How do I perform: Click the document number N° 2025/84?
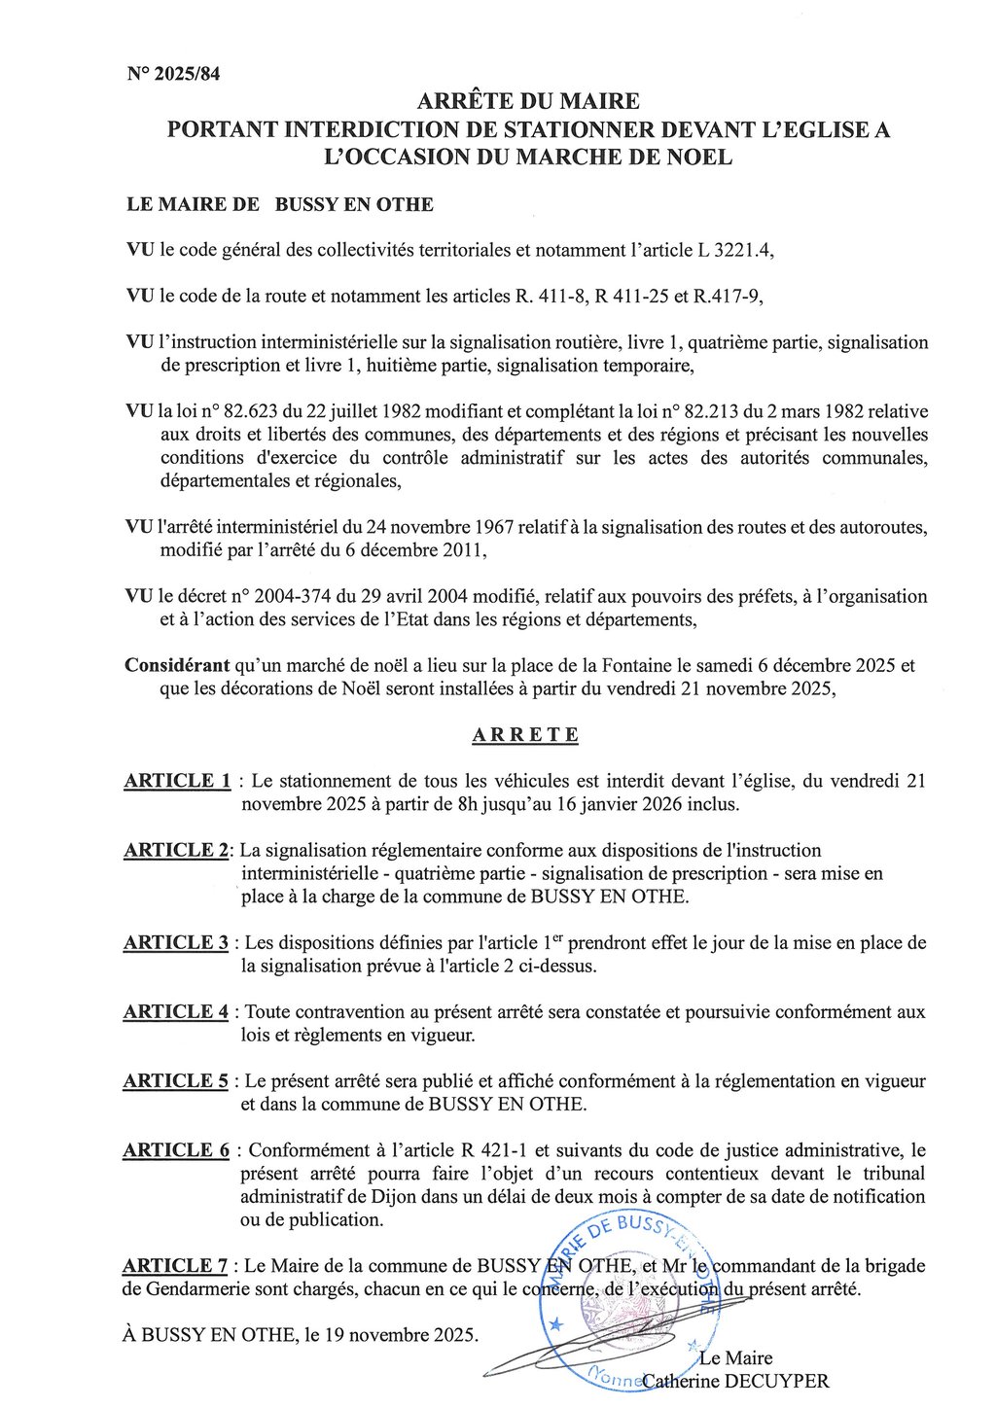(173, 74)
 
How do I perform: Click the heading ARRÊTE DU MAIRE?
(528, 101)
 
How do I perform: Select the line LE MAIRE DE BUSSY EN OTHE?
(280, 204)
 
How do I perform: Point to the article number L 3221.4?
(734, 250)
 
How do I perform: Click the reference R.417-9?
(727, 297)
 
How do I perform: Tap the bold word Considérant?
(177, 666)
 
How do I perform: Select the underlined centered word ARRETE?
(525, 735)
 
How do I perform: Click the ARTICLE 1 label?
(177, 781)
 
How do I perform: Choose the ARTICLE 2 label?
(176, 850)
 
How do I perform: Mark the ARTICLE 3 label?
(176, 942)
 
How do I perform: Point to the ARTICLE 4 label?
(176, 1011)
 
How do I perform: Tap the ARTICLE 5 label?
(176, 1080)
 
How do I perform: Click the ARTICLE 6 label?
(176, 1150)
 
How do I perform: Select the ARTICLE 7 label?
(175, 1265)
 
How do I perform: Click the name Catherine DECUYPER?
(735, 1381)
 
